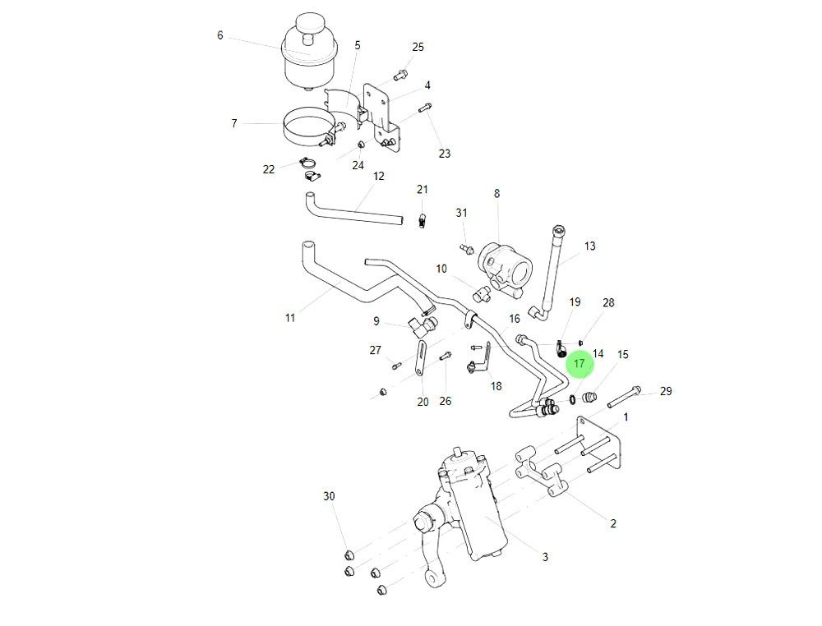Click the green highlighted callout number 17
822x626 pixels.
point(579,362)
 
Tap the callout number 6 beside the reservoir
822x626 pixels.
point(219,35)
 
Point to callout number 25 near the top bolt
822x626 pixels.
point(418,47)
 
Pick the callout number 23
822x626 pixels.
point(444,154)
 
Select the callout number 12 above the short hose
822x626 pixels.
point(379,176)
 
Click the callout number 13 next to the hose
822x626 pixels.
point(589,246)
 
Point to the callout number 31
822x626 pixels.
point(461,213)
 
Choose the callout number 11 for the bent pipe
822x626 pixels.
point(289,318)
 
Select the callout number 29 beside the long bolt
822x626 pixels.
point(666,391)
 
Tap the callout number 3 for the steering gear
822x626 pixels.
point(544,557)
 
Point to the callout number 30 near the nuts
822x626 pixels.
point(329,496)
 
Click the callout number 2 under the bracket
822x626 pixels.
point(613,523)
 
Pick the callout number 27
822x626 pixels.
point(375,350)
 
